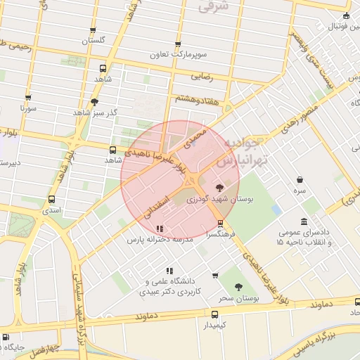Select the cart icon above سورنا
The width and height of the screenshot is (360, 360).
(28, 98)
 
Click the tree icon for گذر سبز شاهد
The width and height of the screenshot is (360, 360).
(95, 102)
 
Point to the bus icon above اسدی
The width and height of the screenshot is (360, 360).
(51, 200)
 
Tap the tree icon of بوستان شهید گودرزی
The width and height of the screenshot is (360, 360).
(220, 188)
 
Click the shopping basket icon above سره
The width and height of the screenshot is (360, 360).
(300, 180)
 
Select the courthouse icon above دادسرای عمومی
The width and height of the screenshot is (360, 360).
(304, 222)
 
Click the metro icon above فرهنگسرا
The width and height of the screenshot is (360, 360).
(221, 224)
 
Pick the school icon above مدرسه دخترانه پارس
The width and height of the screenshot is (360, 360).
(160, 229)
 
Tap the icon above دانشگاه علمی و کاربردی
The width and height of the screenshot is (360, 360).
(169, 271)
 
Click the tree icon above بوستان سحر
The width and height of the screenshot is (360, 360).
(239, 287)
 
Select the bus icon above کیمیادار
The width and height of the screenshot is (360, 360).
(214, 314)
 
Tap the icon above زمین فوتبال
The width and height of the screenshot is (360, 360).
(346, 15)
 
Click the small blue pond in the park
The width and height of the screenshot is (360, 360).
(276, 210)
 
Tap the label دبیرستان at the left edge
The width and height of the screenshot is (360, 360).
(9, 163)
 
